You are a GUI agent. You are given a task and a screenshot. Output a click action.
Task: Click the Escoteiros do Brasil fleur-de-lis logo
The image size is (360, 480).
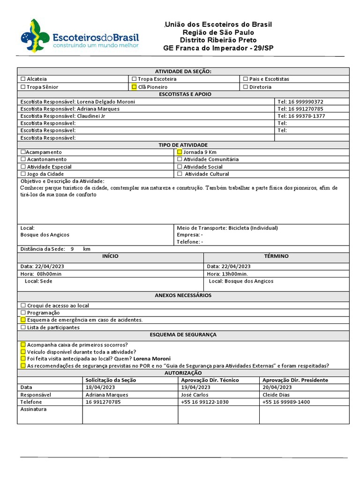pyautogui.click(x=34, y=36)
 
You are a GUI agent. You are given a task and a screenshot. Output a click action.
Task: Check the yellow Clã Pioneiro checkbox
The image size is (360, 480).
pyautogui.click(x=134, y=87)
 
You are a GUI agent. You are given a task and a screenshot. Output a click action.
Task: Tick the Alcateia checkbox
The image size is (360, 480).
pyautogui.click(x=23, y=79)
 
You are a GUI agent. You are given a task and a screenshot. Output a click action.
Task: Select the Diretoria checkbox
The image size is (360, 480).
pyautogui.click(x=246, y=87)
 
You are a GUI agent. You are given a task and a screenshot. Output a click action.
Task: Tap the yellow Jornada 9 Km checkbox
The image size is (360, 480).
pyautogui.click(x=180, y=152)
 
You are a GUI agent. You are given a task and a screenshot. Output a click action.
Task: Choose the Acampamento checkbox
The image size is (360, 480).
pyautogui.click(x=23, y=152)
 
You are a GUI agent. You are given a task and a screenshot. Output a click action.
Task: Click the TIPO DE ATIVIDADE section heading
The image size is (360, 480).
pyautogui.click(x=183, y=145)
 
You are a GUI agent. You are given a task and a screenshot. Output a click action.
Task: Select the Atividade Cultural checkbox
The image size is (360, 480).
pyautogui.click(x=180, y=174)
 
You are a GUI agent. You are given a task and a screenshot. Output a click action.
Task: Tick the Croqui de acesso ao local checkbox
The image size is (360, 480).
pyautogui.click(x=23, y=306)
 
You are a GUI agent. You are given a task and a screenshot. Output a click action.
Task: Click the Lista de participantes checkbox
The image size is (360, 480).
pyautogui.click(x=23, y=328)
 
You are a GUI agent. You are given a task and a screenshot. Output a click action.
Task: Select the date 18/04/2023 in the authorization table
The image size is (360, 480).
pyautogui.click(x=100, y=387)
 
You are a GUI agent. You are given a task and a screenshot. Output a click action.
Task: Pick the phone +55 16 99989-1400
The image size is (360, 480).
pyautogui.click(x=286, y=402)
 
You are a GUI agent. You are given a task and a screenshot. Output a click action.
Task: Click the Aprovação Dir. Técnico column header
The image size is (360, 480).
pyautogui.click(x=210, y=380)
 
